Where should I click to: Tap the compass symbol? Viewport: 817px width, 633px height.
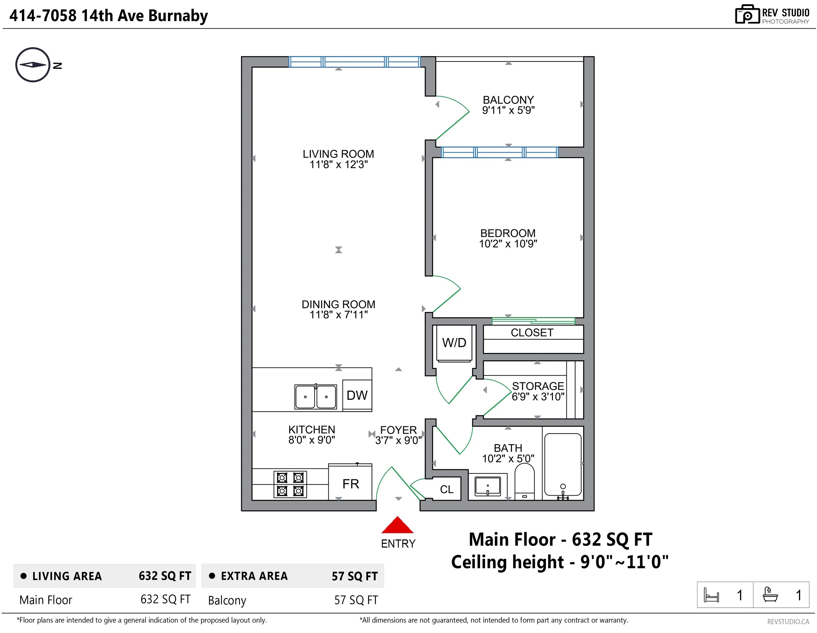pos(33,65)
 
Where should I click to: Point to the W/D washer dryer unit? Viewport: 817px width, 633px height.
pos(454,343)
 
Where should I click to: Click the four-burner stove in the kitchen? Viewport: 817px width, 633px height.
pos(290,484)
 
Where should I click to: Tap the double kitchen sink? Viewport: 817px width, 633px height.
pos(316,396)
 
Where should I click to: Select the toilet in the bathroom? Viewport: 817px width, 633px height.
pos(524,482)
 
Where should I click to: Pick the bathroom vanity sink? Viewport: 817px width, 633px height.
pos(488,486)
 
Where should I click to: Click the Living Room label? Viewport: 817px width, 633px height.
pos(338,154)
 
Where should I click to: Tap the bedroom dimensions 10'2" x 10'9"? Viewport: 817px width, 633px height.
pos(508,244)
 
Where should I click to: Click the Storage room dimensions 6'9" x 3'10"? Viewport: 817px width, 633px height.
pos(538,396)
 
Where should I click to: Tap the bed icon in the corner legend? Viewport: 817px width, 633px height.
pos(711,595)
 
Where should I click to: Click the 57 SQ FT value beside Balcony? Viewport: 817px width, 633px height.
pos(356,600)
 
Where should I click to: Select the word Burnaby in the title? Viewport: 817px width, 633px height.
pos(178,16)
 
